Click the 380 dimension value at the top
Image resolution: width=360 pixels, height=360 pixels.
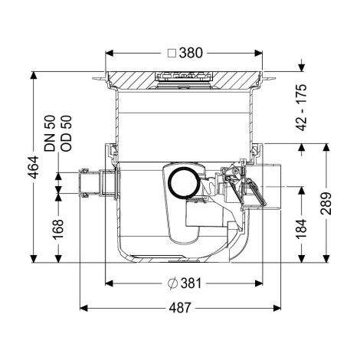click(191, 53)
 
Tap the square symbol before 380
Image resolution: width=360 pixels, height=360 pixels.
click(172, 54)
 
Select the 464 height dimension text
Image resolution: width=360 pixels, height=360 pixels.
click(34, 167)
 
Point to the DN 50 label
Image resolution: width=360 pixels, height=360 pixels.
click(50, 133)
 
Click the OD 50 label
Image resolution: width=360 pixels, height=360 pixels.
click(67, 133)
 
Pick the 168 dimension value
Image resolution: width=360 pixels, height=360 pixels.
click(58, 229)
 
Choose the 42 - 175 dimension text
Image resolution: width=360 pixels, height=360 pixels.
click(302, 107)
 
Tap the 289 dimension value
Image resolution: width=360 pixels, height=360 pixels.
click(326, 204)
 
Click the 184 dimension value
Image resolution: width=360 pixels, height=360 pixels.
click(302, 228)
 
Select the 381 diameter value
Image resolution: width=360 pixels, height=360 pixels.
click(191, 283)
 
